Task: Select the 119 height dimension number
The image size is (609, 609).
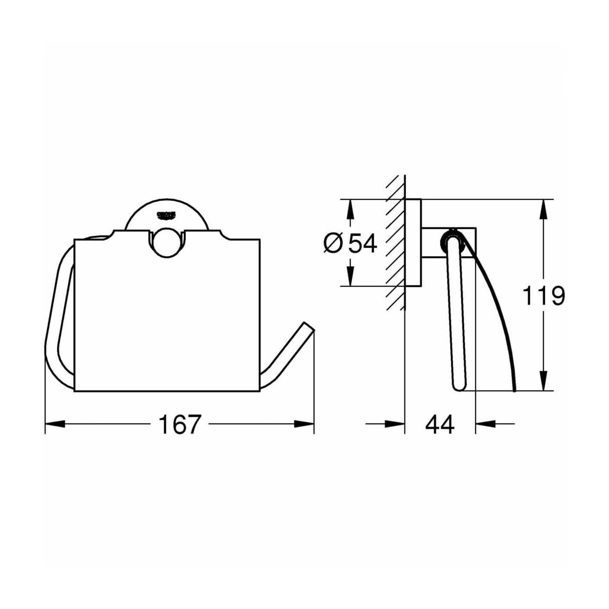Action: (x=543, y=296)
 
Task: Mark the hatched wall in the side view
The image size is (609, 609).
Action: (x=395, y=244)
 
